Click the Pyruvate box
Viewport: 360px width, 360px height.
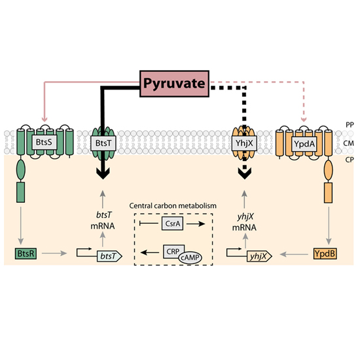174,84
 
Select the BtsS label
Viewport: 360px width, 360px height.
44,142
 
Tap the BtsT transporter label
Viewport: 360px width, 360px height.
103,143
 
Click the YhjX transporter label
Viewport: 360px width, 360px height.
244,143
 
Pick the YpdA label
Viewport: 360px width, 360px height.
304,144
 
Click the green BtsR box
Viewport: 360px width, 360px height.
26,254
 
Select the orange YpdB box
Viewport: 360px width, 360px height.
325,254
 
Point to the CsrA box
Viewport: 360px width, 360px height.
172,223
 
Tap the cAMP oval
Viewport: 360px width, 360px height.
190,258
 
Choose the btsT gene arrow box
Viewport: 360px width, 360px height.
109,256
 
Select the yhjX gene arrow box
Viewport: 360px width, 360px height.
259,256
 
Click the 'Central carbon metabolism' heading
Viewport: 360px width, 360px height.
173,206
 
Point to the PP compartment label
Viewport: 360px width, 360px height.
350,125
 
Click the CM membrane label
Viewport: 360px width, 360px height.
348,143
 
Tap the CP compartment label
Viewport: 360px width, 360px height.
350,160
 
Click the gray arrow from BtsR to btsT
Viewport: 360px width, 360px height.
54,253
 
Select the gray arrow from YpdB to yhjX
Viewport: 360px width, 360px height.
294,255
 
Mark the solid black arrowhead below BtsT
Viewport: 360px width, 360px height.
103,173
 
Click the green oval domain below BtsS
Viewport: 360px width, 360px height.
21,170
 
